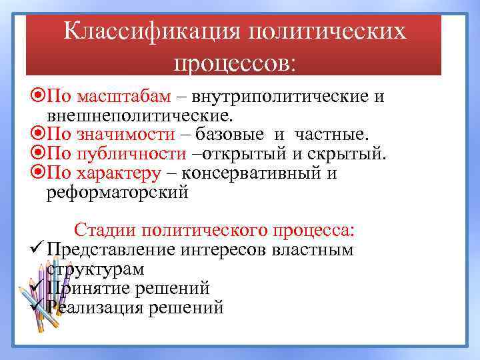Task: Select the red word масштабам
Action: coord(125,97)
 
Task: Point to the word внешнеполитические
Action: coord(140,116)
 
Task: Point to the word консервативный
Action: coord(259,174)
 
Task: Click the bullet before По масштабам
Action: coord(38,97)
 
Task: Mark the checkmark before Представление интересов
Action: coord(37,250)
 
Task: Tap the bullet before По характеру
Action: coord(38,174)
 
